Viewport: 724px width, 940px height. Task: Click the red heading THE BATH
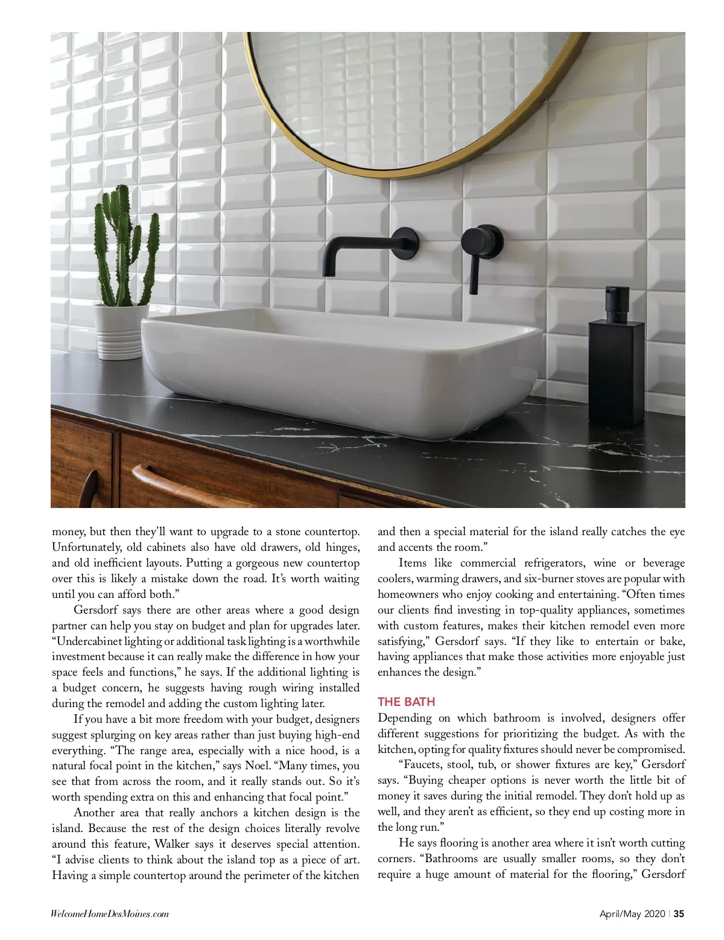tap(406, 702)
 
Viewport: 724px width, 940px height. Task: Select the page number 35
tap(679, 914)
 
